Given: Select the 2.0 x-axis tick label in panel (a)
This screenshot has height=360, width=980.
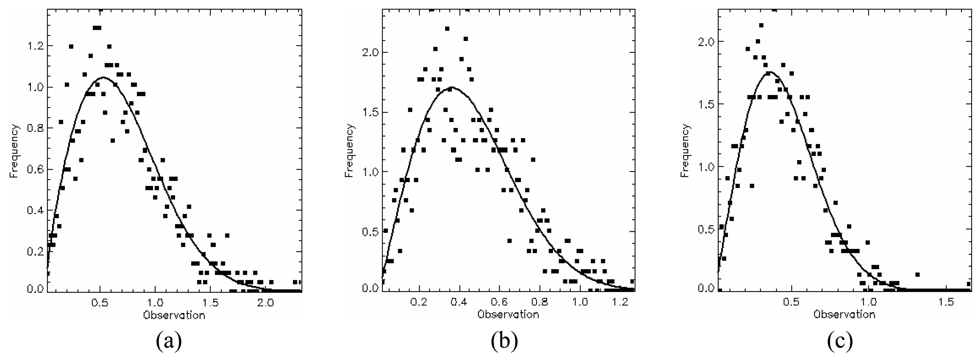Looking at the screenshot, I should coord(265,302).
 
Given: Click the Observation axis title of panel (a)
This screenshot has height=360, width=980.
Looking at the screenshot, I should coord(174,315).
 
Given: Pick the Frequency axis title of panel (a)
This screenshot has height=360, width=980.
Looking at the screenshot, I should coord(14,151).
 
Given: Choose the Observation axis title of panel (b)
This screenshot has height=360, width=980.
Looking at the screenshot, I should coord(508,315).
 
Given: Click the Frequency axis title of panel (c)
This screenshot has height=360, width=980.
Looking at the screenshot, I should coord(685,151).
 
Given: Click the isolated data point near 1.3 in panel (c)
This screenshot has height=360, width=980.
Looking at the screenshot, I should coord(917,275).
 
